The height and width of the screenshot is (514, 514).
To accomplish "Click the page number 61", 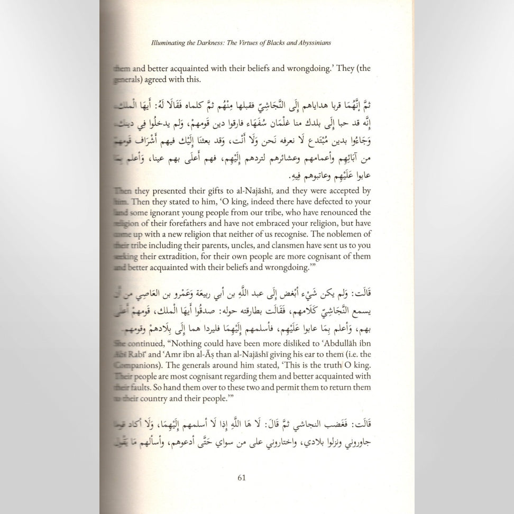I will point(242,478).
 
